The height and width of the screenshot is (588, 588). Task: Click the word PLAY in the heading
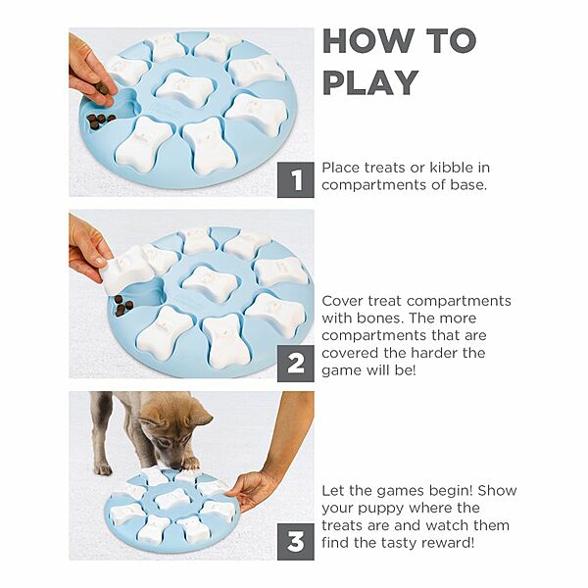(x=370, y=82)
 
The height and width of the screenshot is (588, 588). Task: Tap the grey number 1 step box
(x=296, y=179)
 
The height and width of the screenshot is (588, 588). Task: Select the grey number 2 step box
(x=296, y=364)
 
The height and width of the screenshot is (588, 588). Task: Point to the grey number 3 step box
(x=296, y=542)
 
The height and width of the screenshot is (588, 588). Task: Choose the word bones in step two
(x=379, y=318)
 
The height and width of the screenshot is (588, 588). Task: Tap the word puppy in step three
(x=380, y=510)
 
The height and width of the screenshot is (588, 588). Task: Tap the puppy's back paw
(x=103, y=468)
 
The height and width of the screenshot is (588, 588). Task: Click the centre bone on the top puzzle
(x=185, y=88)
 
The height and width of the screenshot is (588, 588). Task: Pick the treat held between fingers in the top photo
(x=101, y=88)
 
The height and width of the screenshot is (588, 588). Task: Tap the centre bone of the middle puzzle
(x=211, y=283)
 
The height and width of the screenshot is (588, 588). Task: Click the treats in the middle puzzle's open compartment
(x=122, y=305)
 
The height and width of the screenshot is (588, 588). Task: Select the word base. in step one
(x=468, y=185)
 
